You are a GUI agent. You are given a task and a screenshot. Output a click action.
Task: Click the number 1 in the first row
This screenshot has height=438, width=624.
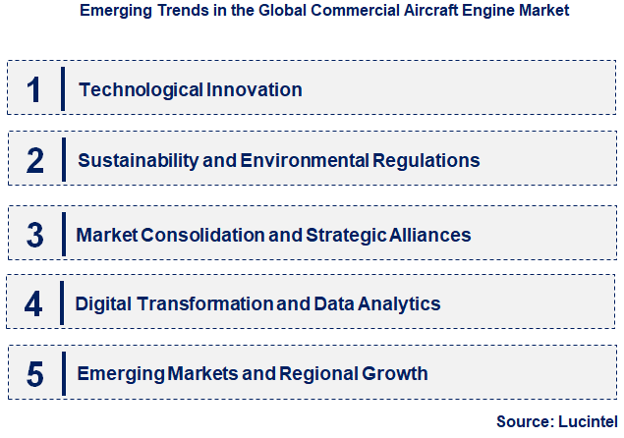coord(33,89)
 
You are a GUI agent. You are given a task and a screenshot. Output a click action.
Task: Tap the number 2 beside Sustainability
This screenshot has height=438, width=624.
coord(35,160)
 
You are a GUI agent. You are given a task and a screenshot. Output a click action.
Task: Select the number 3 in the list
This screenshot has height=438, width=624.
coord(35,236)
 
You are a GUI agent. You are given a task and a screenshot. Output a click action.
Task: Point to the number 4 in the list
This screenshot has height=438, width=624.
coord(34,304)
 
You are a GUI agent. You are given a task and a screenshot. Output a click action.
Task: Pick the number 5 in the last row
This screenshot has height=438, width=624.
coord(35,373)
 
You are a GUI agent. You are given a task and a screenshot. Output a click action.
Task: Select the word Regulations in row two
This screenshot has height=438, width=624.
coord(429,160)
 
